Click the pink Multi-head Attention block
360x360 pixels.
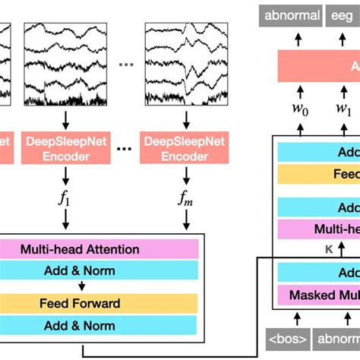point(102,249)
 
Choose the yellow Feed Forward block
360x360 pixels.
point(102,304)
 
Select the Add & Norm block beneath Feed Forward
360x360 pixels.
point(102,326)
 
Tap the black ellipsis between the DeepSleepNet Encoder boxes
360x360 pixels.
point(123,148)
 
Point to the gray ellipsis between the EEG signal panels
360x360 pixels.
point(126,65)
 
